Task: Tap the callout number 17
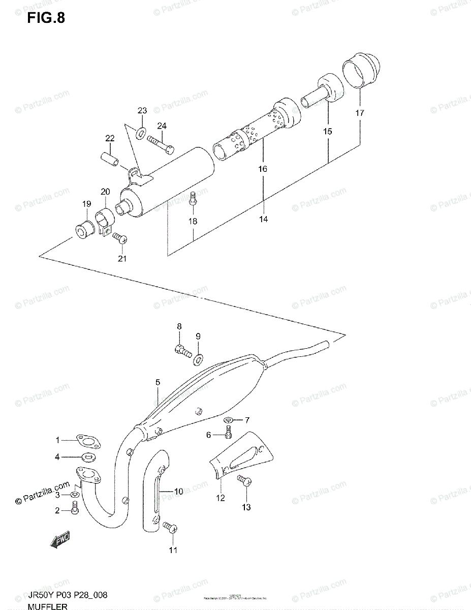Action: (359, 113)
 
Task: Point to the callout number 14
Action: (263, 220)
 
